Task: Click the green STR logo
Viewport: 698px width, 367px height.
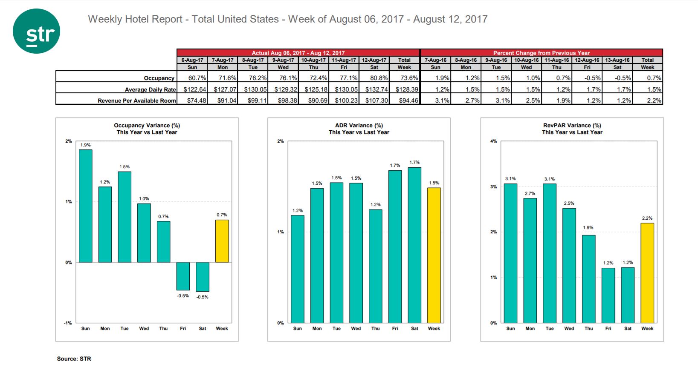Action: click(36, 31)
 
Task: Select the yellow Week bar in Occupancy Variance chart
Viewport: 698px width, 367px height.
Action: click(222, 241)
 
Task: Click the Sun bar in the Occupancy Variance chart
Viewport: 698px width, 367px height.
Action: click(85, 206)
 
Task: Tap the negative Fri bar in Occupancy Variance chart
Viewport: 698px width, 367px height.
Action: click(183, 276)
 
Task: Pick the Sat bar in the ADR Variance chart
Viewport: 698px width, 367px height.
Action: click(414, 245)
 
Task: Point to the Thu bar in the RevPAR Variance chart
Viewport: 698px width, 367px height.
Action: click(589, 279)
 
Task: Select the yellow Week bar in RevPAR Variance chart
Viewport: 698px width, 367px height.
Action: click(647, 273)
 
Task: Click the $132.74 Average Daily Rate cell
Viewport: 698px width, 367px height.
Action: click(374, 89)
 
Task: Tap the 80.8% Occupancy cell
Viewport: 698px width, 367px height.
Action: click(374, 78)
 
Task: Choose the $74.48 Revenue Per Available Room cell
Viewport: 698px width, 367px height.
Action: click(192, 100)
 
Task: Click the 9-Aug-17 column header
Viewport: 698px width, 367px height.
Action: click(283, 60)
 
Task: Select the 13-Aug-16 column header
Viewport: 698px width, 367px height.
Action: click(617, 60)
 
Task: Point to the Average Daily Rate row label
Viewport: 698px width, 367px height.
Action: click(150, 89)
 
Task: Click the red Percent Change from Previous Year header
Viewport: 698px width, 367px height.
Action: click(541, 53)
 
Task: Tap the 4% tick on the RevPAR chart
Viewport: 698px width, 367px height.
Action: click(493, 141)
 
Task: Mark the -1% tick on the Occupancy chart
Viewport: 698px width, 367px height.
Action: click(68, 323)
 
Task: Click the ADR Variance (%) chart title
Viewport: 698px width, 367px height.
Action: click(359, 126)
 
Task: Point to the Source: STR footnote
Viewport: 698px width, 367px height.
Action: click(74, 358)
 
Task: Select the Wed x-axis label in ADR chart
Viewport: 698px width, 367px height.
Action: click(356, 328)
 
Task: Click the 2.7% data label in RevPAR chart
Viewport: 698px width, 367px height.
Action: click(530, 193)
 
